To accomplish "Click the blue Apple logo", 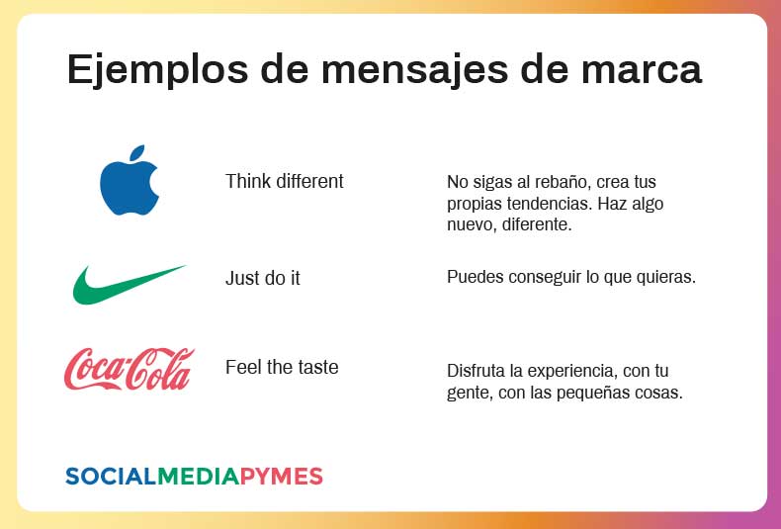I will pos(130,182).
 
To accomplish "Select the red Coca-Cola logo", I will pos(130,368).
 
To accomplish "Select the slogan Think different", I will pos(285,181).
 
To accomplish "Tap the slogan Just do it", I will pos(263,278).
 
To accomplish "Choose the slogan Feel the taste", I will pos(282,367).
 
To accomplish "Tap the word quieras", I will pos(667,277).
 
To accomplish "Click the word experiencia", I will pos(573,372).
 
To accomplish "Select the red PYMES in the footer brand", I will pos(282,477).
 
